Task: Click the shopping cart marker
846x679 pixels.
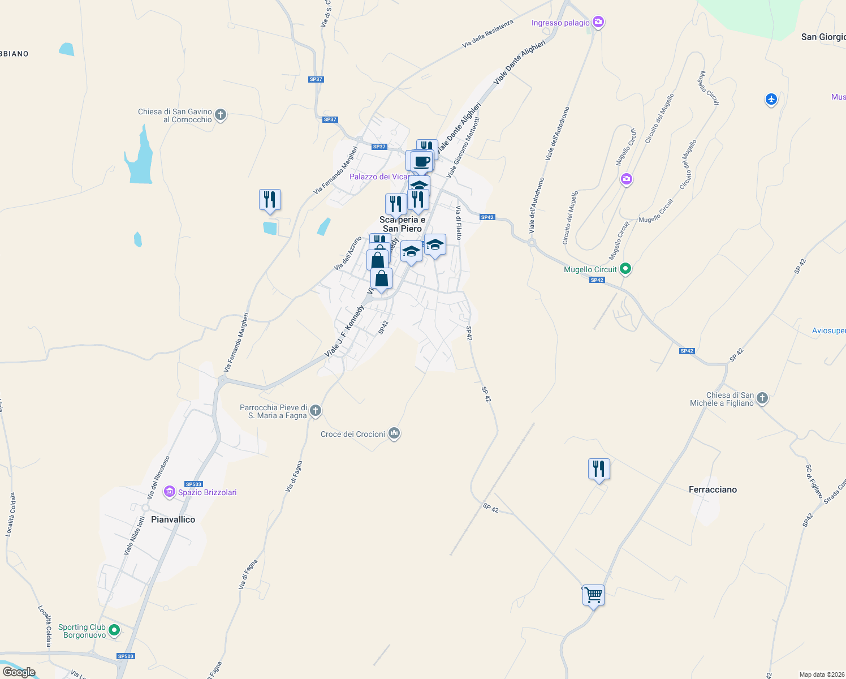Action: point(593,595)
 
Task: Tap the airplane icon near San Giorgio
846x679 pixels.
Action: point(771,100)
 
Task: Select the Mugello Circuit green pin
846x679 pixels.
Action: point(625,269)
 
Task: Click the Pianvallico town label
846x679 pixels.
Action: point(173,519)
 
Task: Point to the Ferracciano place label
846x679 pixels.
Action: point(713,489)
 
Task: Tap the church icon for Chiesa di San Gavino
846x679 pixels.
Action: point(221,115)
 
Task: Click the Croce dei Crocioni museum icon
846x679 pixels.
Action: point(394,434)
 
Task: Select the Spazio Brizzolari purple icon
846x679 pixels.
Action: point(169,492)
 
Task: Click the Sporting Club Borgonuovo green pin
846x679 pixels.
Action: point(114,630)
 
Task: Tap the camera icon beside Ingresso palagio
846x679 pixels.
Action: point(598,23)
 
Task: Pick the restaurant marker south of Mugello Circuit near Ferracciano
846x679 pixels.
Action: point(599,469)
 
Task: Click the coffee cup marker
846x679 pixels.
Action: point(422,162)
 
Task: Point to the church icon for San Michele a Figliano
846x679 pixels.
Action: point(762,398)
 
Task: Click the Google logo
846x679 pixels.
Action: point(19,672)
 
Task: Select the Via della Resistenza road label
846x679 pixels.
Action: point(487,33)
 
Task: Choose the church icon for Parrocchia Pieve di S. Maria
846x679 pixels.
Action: point(316,411)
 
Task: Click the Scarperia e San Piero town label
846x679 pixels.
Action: point(402,224)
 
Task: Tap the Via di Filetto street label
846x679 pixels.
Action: point(459,222)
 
